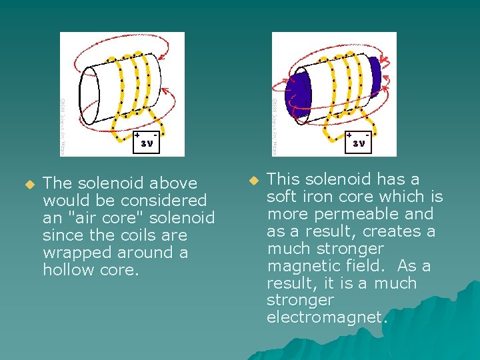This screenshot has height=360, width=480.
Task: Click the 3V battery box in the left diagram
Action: click(146, 142)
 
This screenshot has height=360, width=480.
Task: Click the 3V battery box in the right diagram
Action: click(358, 142)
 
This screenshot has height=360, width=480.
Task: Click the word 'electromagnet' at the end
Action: click(324, 317)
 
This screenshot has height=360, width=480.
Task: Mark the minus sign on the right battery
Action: click(367, 134)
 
